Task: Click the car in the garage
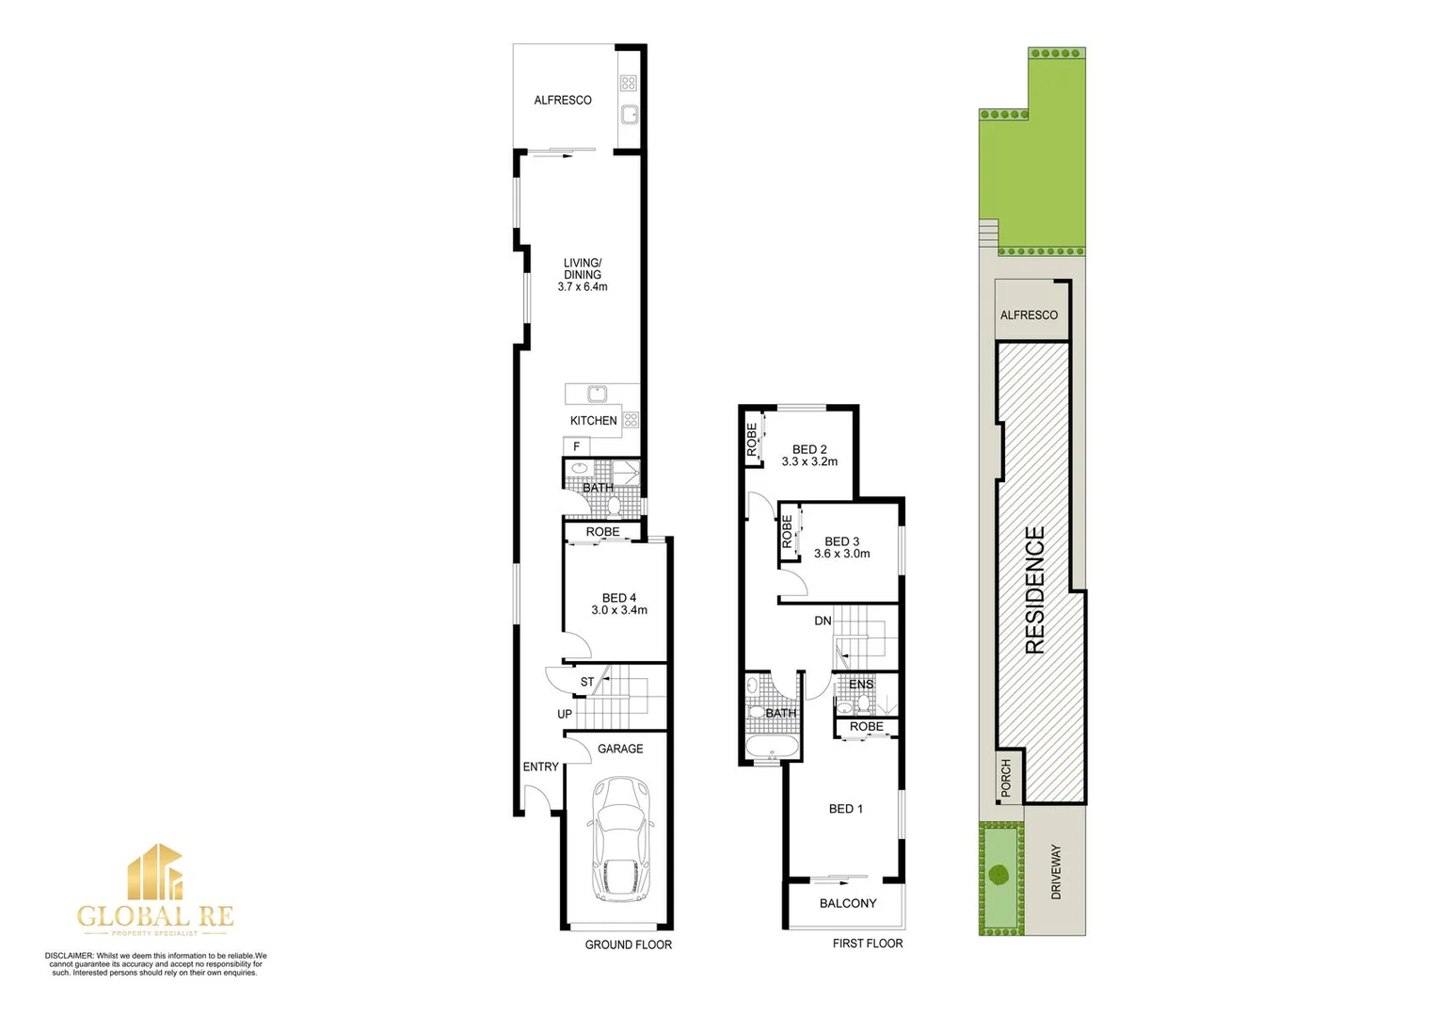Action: coord(620,840)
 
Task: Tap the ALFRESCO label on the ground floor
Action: coord(563,100)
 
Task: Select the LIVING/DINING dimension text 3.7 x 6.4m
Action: coord(583,287)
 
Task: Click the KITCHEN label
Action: coord(593,421)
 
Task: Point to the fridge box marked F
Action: coord(577,446)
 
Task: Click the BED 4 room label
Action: coord(619,598)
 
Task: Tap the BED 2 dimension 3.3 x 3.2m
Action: coord(809,462)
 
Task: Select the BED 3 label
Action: coord(841,541)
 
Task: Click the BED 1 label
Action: coord(845,809)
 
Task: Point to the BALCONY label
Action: coord(848,903)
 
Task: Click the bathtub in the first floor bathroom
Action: coord(772,750)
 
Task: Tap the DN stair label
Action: coord(823,621)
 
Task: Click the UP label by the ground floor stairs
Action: coord(565,714)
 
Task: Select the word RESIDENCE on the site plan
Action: coord(1035,589)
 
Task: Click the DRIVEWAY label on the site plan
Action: coord(1056,871)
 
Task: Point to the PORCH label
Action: coord(1006,779)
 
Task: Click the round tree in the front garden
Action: coord(999,874)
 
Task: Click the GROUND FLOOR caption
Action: coord(629,944)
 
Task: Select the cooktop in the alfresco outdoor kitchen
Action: coord(629,83)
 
